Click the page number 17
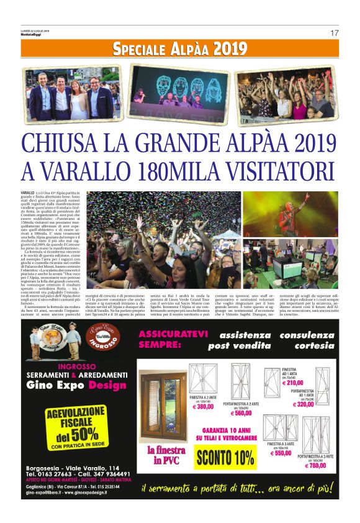point(334,32)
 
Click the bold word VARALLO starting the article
point(27,194)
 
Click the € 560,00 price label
point(243,413)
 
